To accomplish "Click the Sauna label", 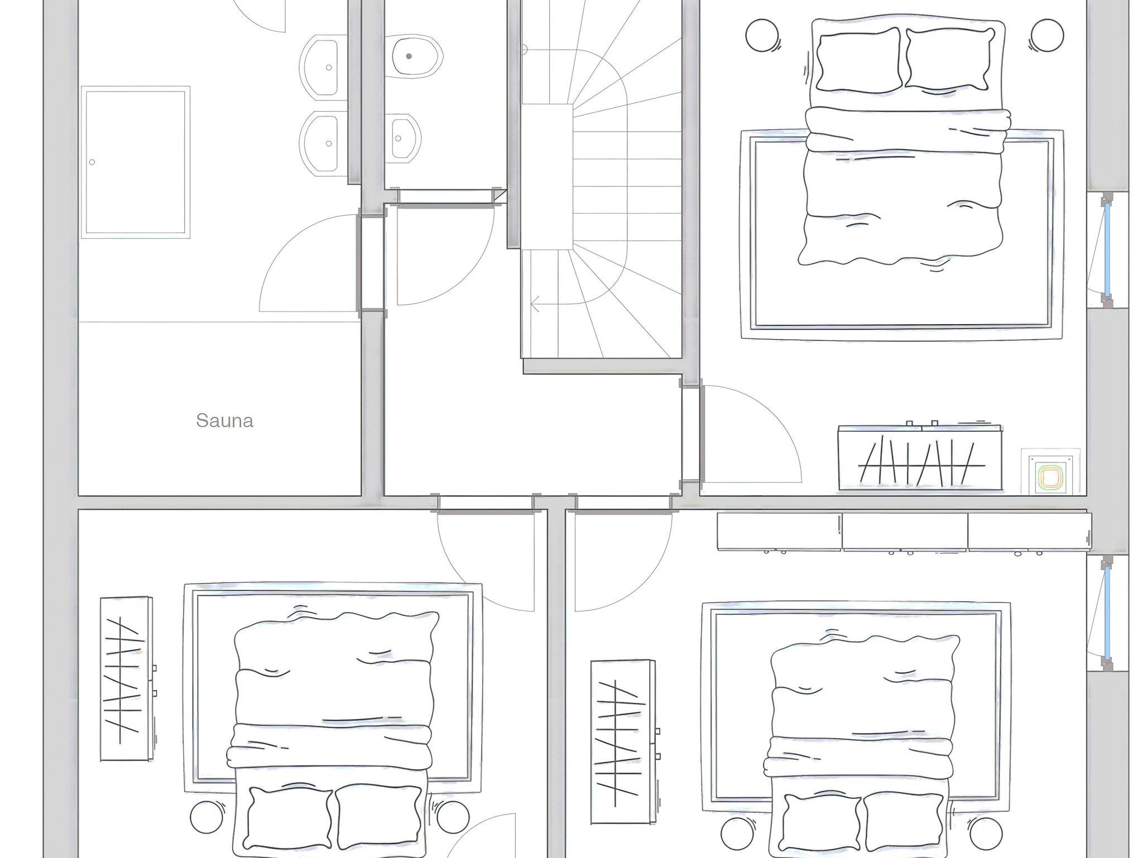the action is coord(224,421).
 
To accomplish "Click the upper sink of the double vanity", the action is coord(321,66).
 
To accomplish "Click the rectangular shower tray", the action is coord(136,162).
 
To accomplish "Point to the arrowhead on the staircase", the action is coord(535,306).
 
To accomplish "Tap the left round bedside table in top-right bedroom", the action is coord(762,36).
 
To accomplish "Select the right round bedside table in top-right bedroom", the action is coord(1047,36).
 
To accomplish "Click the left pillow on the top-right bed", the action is coord(858,59).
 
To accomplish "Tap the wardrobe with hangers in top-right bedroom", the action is coord(920,457).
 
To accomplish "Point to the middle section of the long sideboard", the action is coord(905,532).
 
